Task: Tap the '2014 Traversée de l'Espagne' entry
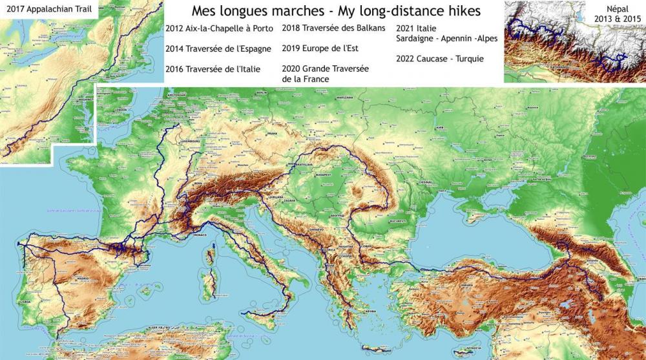[x=218, y=48]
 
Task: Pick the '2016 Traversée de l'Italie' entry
[x=213, y=69]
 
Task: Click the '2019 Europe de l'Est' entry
[x=320, y=48]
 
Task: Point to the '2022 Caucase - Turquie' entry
[x=440, y=58]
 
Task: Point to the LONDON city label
[x=119, y=110]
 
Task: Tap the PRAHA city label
[x=271, y=133]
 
